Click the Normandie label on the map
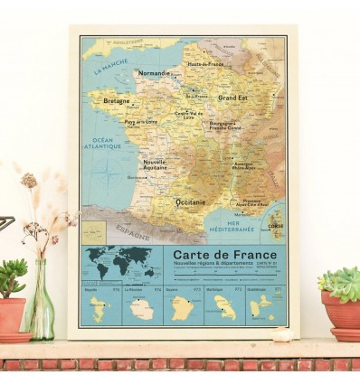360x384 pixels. click(153, 73)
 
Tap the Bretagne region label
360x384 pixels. click(116, 101)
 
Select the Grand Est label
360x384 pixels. click(232, 97)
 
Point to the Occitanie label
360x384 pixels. click(190, 201)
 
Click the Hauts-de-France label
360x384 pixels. click(205, 64)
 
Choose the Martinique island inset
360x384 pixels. click(224, 310)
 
